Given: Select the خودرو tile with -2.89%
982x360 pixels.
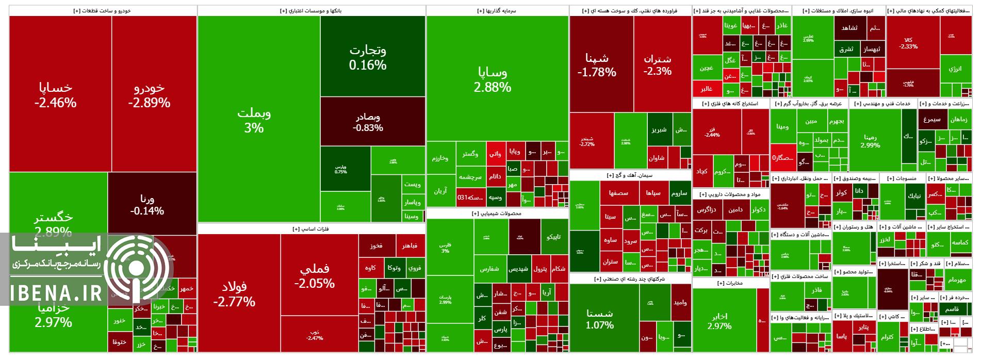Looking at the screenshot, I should (149, 95).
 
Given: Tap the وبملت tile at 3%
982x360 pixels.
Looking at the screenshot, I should (254, 120).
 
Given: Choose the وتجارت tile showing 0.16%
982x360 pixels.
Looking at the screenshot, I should (368, 57).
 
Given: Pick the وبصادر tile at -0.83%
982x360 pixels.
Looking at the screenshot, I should (368, 122).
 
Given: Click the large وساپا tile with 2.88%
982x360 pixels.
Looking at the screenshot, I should (493, 80).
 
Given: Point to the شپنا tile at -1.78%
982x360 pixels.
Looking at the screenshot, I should (597, 65).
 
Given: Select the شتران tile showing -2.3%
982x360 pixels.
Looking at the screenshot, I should (658, 65).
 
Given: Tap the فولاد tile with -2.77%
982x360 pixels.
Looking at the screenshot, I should (234, 294).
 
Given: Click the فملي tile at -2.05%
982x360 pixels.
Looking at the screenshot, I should (315, 276).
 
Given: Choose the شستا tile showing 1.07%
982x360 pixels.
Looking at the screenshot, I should (600, 319).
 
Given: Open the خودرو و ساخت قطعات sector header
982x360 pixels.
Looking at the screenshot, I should (103, 10).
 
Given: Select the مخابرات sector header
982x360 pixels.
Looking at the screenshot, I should (731, 283).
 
